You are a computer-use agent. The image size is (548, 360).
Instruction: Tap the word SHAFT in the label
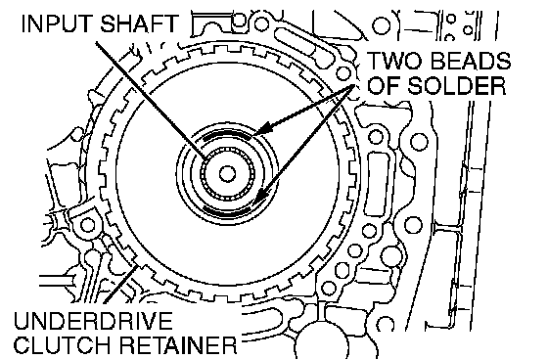click(x=139, y=23)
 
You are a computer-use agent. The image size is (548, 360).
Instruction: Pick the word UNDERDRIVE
click(x=93, y=321)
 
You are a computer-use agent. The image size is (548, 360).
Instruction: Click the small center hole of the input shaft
click(x=227, y=174)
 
